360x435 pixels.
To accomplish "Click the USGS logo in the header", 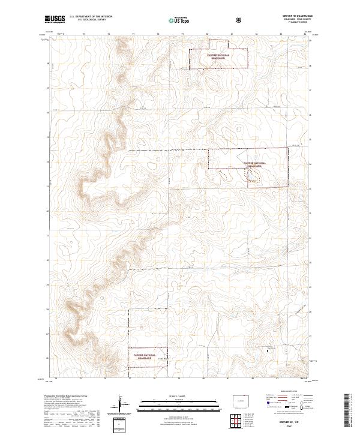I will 55,19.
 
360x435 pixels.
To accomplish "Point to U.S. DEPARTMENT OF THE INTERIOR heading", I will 91,17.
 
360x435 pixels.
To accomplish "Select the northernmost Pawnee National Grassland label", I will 218,55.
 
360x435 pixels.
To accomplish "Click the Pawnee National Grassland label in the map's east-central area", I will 255,164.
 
